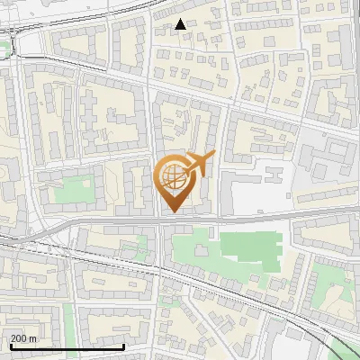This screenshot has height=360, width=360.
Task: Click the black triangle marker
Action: [181, 24]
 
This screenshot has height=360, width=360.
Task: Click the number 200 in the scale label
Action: [20, 338]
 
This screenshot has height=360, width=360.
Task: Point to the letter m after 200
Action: [32, 338]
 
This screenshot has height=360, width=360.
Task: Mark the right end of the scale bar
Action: [123, 346]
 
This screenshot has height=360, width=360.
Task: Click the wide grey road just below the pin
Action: [171, 220]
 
